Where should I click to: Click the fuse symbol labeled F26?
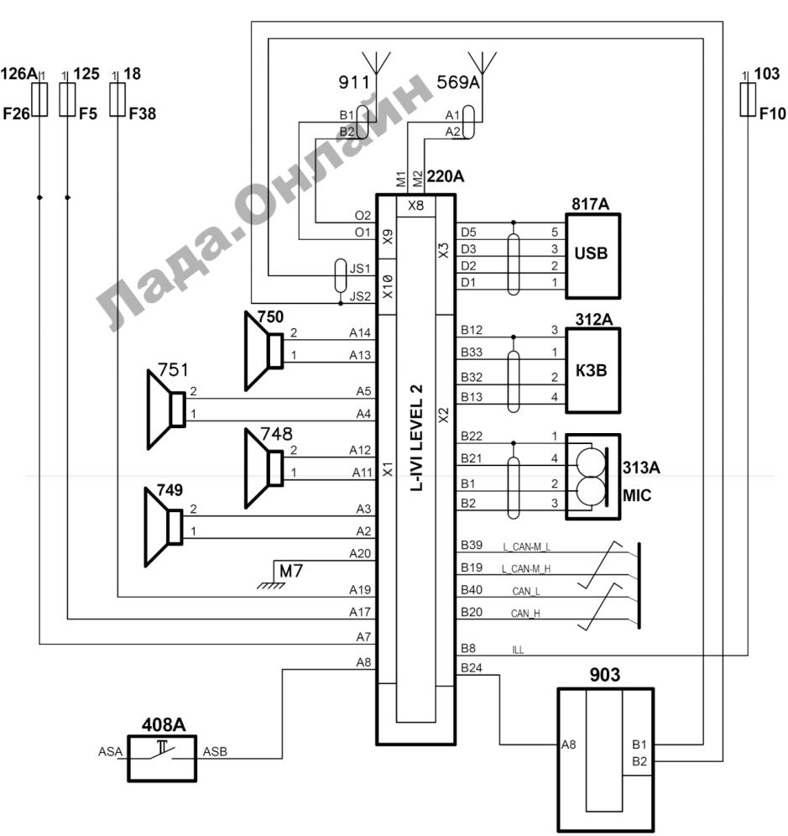(x=40, y=99)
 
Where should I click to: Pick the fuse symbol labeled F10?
(x=748, y=99)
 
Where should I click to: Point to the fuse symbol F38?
(x=117, y=99)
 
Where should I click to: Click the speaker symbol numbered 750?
(x=264, y=351)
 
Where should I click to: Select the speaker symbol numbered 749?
(x=164, y=527)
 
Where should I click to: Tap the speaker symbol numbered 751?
(x=166, y=410)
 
